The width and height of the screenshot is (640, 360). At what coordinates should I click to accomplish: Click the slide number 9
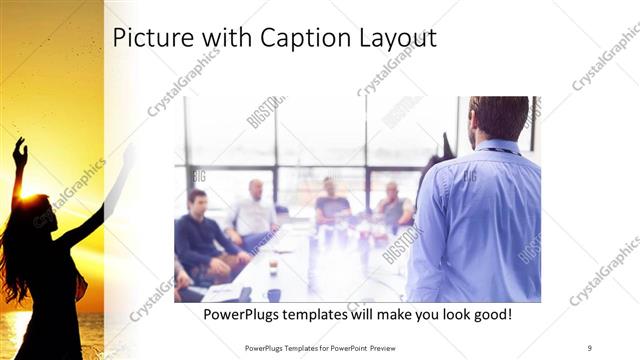tap(590, 348)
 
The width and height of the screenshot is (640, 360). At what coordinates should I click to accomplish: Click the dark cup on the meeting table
tap(273, 294)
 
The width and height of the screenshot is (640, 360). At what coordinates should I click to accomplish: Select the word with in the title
tap(226, 38)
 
